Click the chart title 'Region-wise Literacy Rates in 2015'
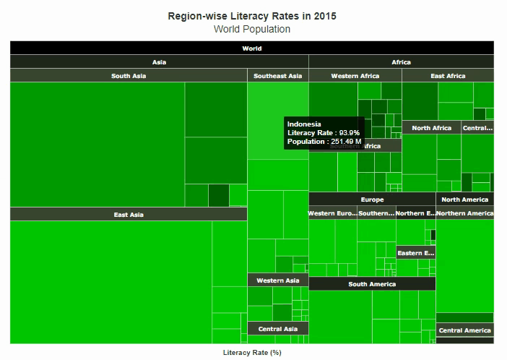(252, 15)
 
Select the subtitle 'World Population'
(252, 30)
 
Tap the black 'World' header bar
(252, 48)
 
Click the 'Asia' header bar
(159, 62)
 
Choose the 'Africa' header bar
(401, 62)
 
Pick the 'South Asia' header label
(129, 76)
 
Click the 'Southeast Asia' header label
(278, 76)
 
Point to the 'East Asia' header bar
(129, 214)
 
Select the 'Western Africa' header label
(355, 76)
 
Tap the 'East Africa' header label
(448, 76)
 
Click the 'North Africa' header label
(431, 128)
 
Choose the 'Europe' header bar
(372, 200)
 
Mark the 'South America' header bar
(372, 284)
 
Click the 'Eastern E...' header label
(416, 253)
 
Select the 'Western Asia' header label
(278, 280)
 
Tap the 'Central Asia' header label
(278, 329)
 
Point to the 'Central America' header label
(464, 330)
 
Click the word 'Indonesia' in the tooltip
(304, 124)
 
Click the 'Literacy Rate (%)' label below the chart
(252, 353)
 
